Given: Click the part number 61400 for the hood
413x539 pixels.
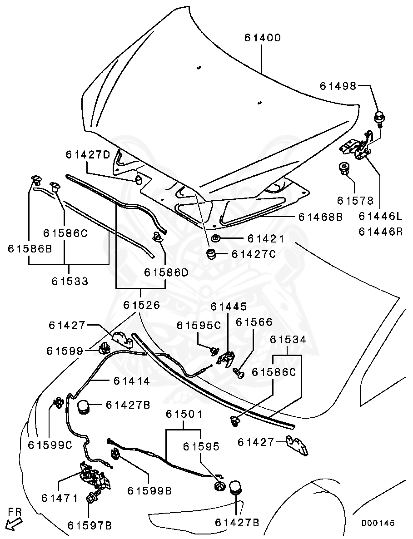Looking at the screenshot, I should [263, 38].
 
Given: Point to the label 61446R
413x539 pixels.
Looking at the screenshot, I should [381, 232].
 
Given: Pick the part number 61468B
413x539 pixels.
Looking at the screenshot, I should [320, 217].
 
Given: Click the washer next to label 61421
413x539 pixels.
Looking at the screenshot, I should [216, 239].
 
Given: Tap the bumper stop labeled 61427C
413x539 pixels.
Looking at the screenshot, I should [211, 253].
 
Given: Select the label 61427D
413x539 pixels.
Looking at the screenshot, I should [88, 154].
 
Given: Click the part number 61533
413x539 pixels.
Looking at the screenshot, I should [70, 281].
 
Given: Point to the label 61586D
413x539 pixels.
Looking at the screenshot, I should [166, 272].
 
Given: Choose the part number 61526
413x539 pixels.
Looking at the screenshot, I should [141, 305].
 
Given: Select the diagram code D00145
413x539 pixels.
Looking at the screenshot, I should [378, 523].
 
